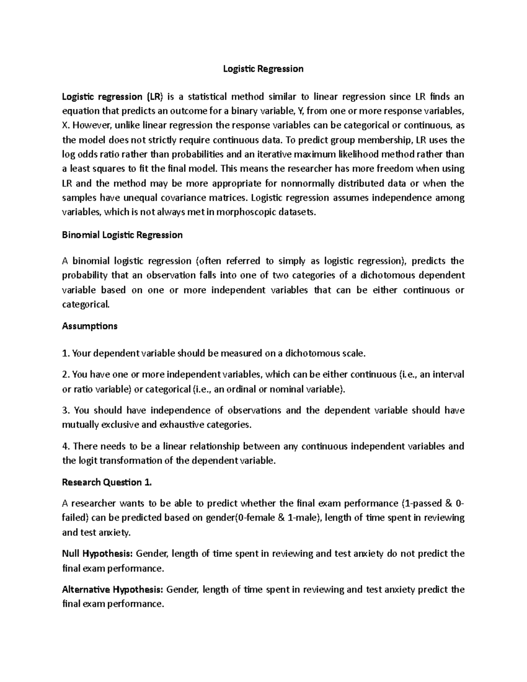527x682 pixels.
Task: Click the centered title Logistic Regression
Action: click(263, 69)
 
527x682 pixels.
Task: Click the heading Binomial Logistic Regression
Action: click(122, 235)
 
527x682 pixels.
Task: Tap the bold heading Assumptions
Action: click(90, 326)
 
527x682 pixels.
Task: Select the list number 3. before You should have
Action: click(66, 410)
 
